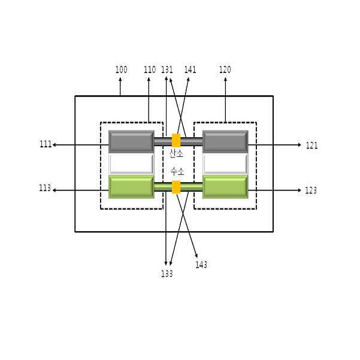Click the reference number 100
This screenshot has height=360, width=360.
tap(121, 70)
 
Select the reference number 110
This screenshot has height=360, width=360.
tap(150, 70)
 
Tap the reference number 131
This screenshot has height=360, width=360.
tap(167, 70)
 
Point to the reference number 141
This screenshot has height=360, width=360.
tap(190, 70)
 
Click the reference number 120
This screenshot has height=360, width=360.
tap(225, 70)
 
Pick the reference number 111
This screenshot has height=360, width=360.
tap(46, 145)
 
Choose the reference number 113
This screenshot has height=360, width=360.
tap(45, 188)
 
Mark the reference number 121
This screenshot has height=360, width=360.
tap(311, 146)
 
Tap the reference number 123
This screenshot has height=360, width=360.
tap(311, 190)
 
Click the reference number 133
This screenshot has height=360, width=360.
tap(167, 274)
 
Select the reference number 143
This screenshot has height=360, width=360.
tap(201, 265)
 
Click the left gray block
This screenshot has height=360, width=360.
tap(131, 141)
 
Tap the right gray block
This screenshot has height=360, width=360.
tap(225, 141)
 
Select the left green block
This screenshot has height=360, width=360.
tap(131, 186)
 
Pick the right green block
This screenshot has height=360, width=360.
tap(225, 186)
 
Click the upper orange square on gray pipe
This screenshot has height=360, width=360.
tap(176, 141)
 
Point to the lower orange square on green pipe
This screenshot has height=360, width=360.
tap(176, 187)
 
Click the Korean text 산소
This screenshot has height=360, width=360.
tap(177, 154)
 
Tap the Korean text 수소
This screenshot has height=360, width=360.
tap(177, 171)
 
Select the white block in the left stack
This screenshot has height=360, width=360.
tap(131, 164)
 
